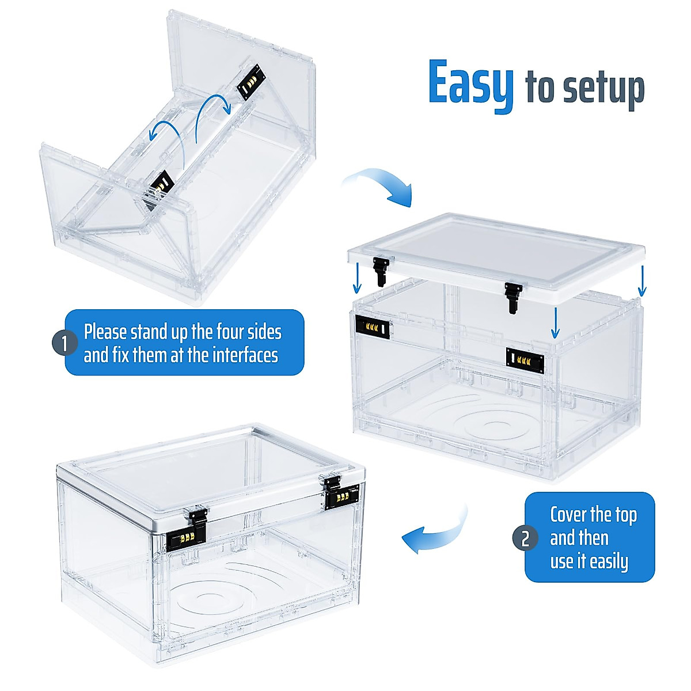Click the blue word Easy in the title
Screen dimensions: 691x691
[470, 83]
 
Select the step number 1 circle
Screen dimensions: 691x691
[64, 344]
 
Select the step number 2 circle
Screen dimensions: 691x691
[525, 539]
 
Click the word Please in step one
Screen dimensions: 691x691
[106, 333]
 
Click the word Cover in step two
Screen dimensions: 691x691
[569, 514]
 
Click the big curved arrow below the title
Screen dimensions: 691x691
[380, 184]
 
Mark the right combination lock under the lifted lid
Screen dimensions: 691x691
[525, 360]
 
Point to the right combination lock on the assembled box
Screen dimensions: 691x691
[341, 496]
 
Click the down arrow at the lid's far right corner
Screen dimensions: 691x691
[642, 281]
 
